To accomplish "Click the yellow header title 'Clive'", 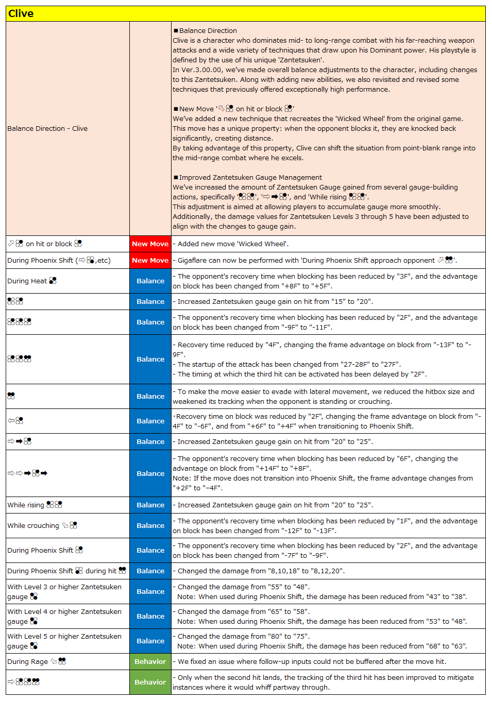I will coord(21,13).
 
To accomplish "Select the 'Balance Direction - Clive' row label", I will coord(47,128).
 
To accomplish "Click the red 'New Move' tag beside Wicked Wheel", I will coord(150,244).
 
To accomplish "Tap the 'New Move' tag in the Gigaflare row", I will coord(150,260).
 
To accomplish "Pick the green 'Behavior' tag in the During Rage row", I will coord(150,661).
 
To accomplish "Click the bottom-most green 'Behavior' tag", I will coord(150,682).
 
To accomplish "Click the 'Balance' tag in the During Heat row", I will coord(150,281).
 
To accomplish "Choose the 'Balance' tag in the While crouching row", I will coord(150,525).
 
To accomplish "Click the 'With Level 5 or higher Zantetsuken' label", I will coord(64,641).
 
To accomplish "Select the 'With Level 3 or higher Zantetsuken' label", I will coord(64,591).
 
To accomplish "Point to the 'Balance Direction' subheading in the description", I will coord(208,30).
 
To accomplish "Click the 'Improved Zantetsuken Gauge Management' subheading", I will coord(250,177).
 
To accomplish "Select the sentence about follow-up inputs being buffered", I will coord(312,661).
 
